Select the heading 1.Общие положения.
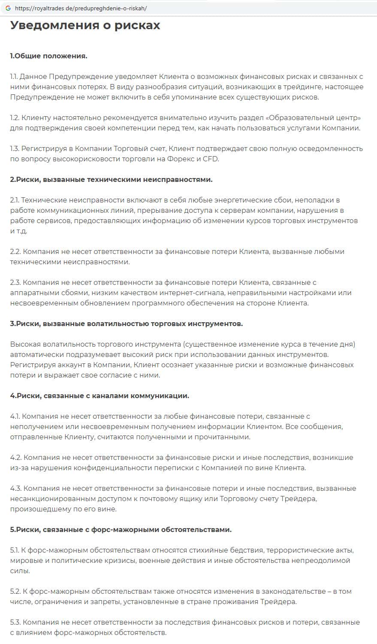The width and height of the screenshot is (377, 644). [49, 56]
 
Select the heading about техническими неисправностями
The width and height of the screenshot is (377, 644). [111, 179]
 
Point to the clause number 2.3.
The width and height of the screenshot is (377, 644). [15, 283]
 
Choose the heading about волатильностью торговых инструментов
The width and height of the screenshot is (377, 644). [127, 324]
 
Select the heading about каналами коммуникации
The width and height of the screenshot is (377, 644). [100, 396]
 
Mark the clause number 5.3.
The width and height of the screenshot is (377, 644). [15, 623]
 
